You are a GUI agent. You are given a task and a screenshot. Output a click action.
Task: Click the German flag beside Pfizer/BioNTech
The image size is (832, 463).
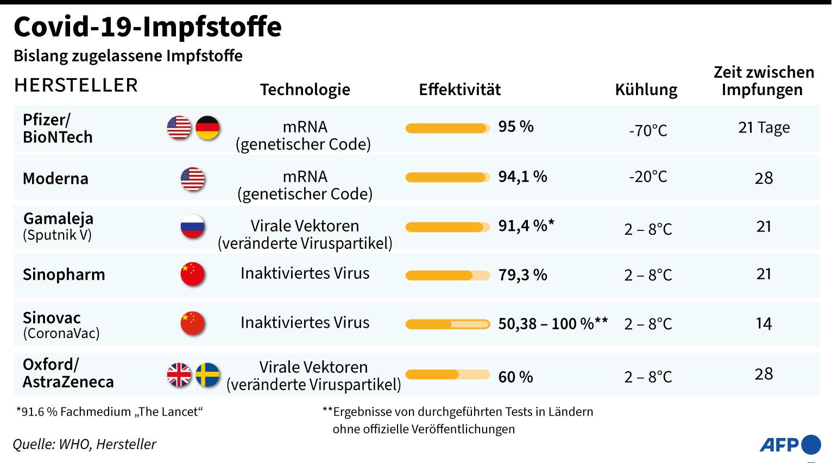pos(207,128)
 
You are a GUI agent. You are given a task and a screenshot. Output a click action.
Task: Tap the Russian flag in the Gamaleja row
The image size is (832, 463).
pos(192,227)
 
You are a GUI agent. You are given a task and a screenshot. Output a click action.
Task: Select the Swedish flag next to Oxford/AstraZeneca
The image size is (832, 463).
pos(207,375)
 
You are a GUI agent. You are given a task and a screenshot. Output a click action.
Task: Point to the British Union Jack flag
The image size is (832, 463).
pos(179,375)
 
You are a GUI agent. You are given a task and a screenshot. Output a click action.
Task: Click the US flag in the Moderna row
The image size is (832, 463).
pos(192,179)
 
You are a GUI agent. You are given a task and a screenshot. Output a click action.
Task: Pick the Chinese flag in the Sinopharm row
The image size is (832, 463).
pos(192,274)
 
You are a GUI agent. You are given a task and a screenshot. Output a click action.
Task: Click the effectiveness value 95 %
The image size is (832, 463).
pos(516,127)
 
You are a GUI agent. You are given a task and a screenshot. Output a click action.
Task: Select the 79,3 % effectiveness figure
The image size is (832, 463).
pos(522,274)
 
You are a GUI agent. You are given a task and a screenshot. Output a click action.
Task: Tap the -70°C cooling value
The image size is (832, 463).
pos(648,130)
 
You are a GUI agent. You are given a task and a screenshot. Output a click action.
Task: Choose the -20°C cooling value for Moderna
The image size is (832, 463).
pos(648,177)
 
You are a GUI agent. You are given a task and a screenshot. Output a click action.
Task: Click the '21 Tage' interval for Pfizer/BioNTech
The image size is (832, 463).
pos(764,127)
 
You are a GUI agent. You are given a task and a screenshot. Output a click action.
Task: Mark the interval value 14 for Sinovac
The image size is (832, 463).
pos(764,323)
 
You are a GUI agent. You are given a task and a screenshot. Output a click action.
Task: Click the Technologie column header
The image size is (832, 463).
pos(305,90)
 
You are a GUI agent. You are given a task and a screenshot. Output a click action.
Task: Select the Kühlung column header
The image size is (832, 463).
pos(646,90)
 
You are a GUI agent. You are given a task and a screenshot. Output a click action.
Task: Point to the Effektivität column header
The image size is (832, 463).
pos(459,90)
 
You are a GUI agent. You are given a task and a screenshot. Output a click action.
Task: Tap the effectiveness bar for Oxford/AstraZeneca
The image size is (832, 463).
pos(447,374)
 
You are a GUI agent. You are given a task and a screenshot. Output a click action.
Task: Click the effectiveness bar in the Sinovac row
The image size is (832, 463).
pos(447,324)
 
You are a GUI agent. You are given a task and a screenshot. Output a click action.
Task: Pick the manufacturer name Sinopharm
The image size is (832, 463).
pos(64,274)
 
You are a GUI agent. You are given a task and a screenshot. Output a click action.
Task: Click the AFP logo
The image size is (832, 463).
pos(790,445)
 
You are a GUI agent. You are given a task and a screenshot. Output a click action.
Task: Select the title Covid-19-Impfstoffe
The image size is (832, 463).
pos(148,27)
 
